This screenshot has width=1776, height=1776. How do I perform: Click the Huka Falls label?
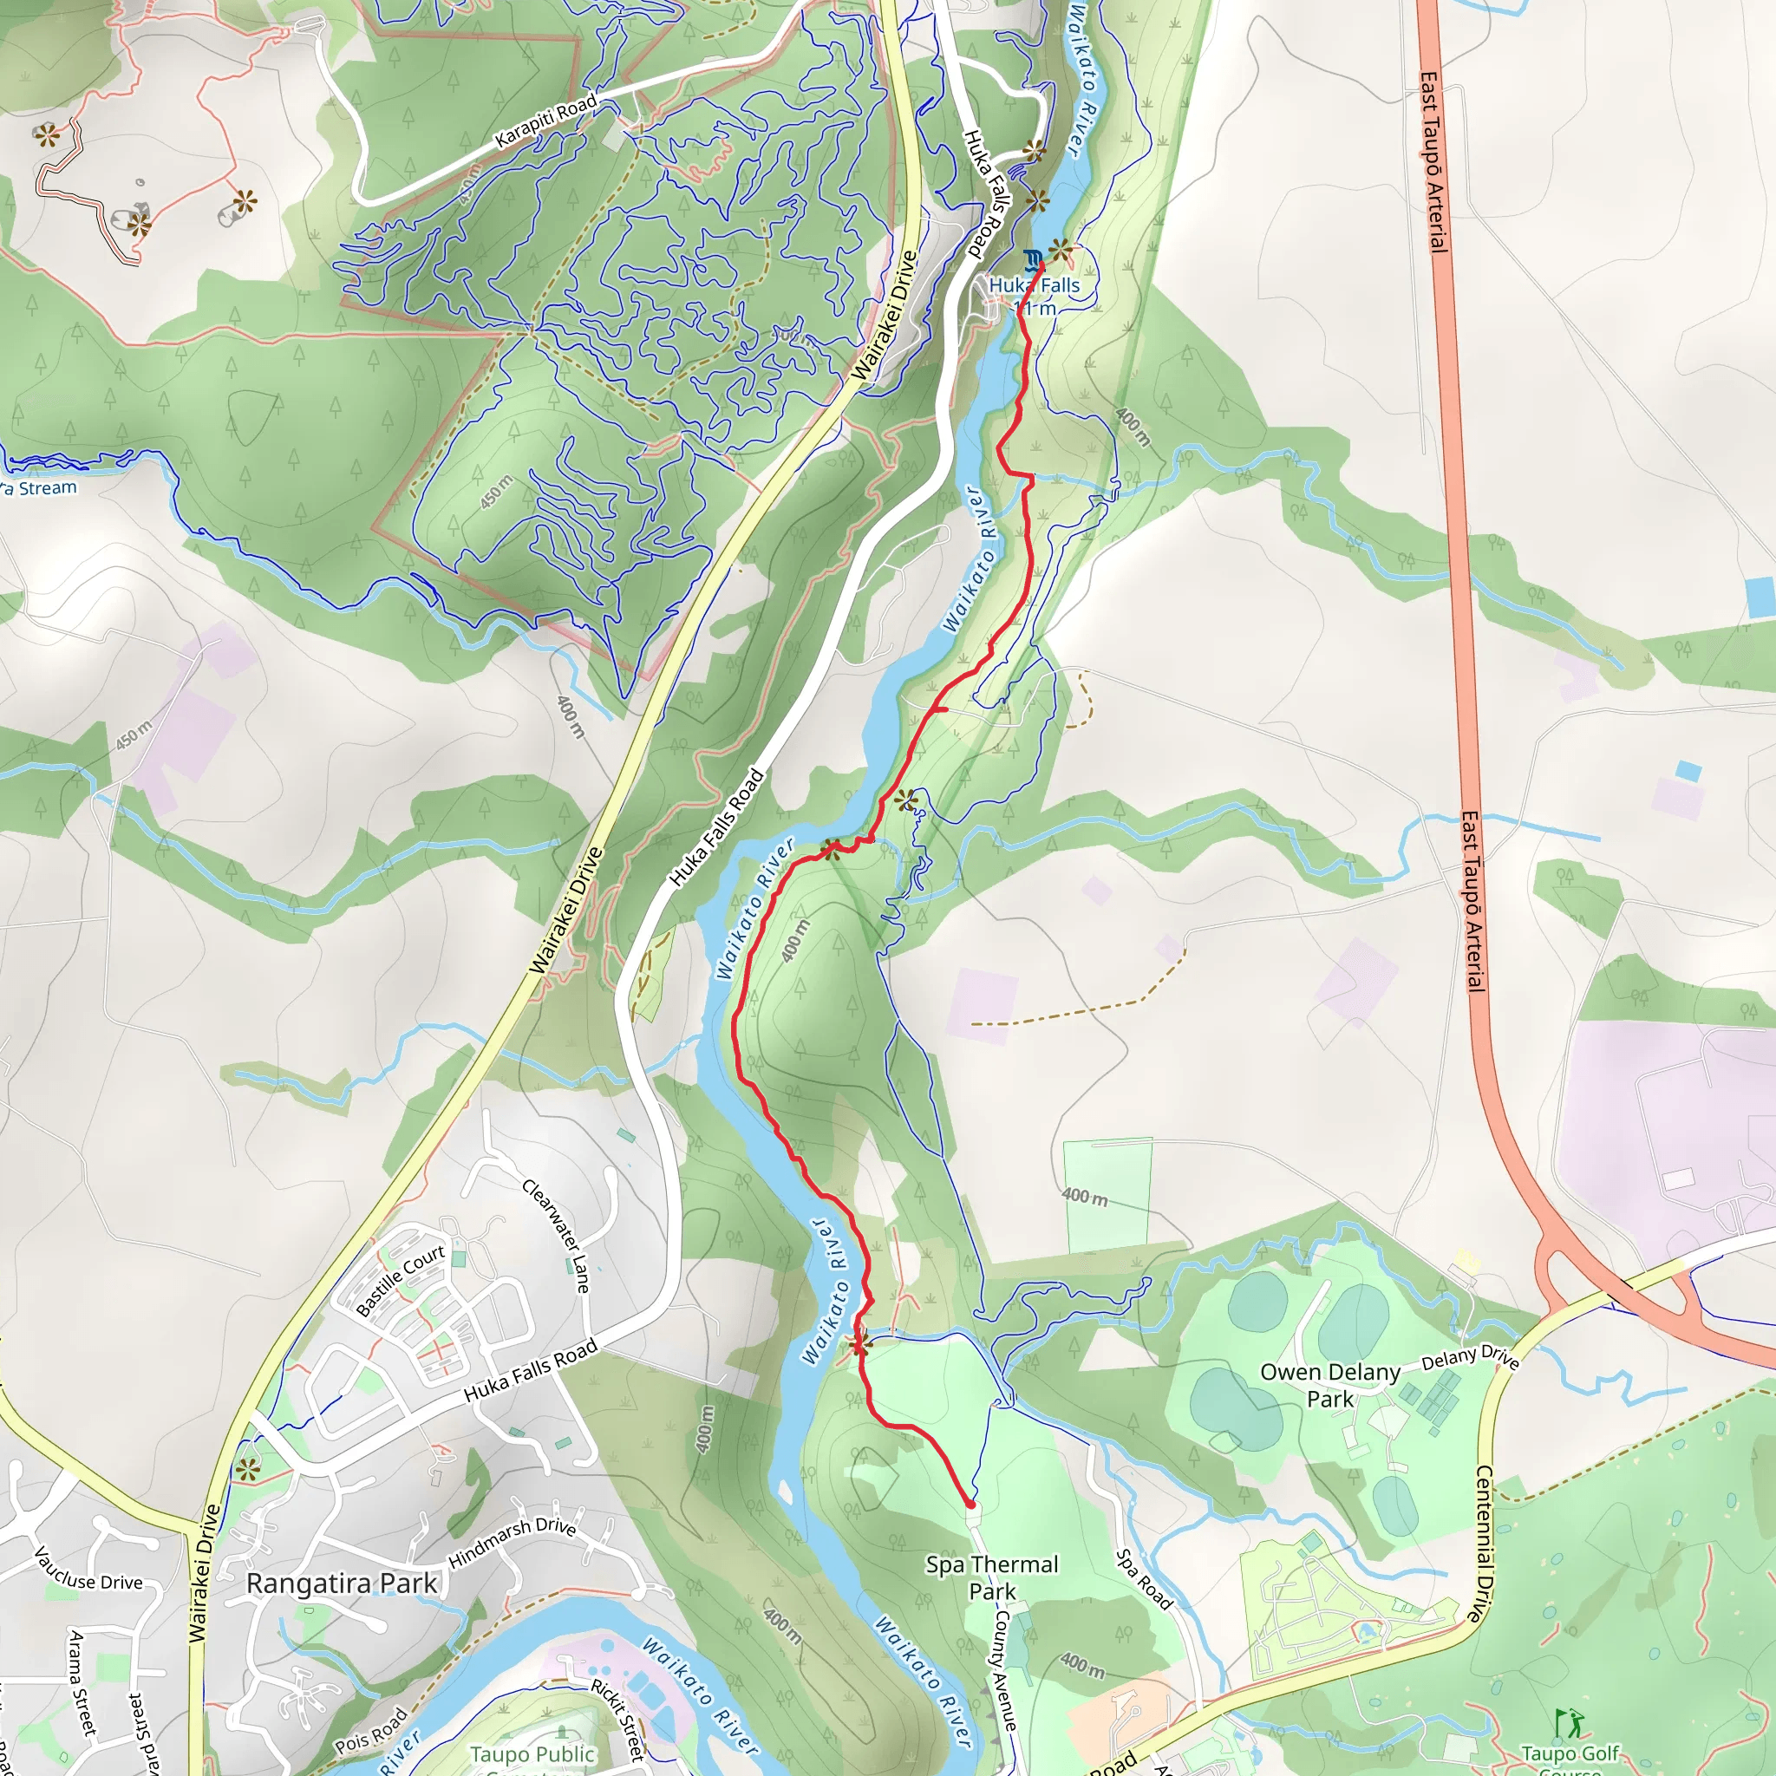(1035, 286)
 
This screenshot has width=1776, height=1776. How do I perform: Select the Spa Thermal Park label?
(992, 1577)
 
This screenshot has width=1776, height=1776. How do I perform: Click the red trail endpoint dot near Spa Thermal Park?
(970, 1504)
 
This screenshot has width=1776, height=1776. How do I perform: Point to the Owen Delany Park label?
(1329, 1384)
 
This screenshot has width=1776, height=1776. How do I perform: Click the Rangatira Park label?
(341, 1583)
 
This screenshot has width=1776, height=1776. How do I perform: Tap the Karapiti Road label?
(545, 121)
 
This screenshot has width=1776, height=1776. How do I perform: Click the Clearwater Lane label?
(556, 1236)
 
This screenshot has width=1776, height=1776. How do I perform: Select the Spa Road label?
(1144, 1579)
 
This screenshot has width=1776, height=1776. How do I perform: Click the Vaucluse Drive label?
(88, 1569)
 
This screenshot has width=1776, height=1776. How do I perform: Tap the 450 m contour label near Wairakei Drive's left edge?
(134, 735)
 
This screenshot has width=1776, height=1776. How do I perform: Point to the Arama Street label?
(82, 1682)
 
